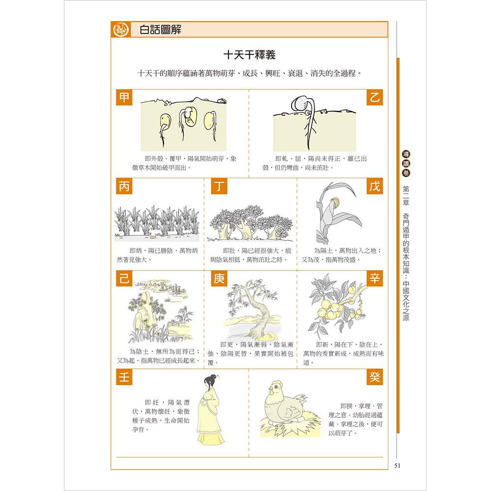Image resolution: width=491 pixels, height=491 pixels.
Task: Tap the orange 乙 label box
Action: [x=375, y=97]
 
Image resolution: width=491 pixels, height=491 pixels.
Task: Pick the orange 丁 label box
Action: [x=219, y=187]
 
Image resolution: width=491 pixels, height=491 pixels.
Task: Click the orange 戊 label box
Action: [x=375, y=187]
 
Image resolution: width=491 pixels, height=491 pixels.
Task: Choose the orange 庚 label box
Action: [x=219, y=279]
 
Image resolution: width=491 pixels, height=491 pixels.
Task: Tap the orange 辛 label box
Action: [x=375, y=279]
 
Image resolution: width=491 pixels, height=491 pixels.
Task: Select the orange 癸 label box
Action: [x=375, y=377]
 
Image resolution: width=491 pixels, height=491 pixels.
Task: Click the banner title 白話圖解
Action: [x=161, y=29]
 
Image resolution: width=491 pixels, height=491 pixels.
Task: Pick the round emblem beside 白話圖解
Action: [x=120, y=29]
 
